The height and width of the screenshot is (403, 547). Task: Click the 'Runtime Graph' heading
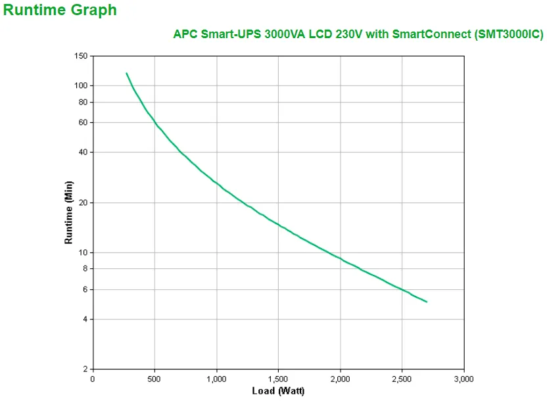[x=60, y=11]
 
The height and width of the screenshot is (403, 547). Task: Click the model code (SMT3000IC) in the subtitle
[x=508, y=34]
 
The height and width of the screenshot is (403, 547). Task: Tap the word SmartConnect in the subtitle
[x=431, y=34]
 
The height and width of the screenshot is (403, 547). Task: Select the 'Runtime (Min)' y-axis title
[x=68, y=212]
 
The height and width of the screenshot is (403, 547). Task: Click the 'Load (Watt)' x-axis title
[x=278, y=391]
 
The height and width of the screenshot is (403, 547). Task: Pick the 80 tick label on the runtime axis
[x=83, y=102]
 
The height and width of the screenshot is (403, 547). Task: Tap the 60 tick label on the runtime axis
[x=83, y=122]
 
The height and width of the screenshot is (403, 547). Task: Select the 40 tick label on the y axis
[x=83, y=152]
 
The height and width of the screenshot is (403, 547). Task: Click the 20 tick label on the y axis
[x=83, y=202]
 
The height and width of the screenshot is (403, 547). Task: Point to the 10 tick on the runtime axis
[x=83, y=252]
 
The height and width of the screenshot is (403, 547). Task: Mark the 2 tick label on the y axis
[x=85, y=369]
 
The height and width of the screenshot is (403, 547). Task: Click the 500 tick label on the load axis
[x=154, y=379]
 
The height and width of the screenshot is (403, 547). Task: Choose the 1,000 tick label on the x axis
[x=216, y=379]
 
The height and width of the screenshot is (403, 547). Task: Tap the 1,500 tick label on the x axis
[x=278, y=379]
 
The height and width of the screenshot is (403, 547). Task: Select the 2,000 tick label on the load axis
[x=340, y=379]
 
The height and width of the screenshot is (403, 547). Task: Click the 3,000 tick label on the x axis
[x=464, y=379]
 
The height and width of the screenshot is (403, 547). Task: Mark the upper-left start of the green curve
[x=126, y=73]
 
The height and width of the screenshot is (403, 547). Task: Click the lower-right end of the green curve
[x=427, y=302]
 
